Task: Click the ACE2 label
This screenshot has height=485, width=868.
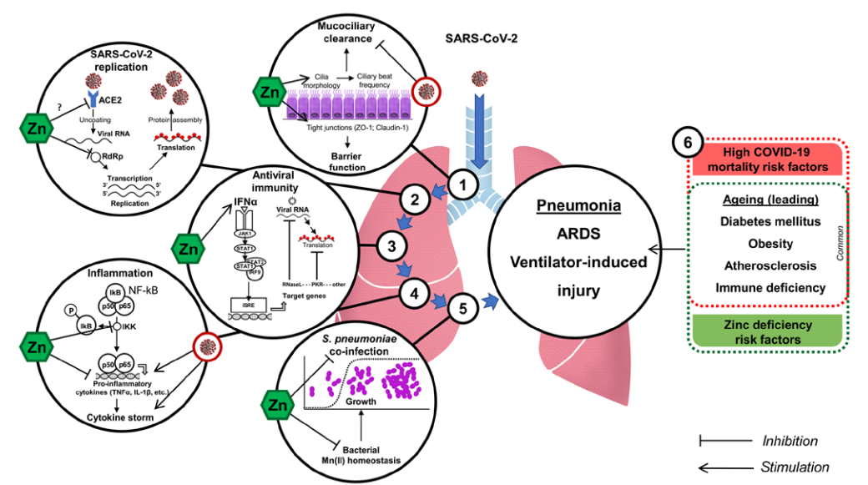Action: pyautogui.click(x=110, y=99)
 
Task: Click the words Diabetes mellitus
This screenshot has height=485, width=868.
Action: pyautogui.click(x=770, y=222)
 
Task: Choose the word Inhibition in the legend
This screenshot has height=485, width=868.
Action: pyautogui.click(x=790, y=440)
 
